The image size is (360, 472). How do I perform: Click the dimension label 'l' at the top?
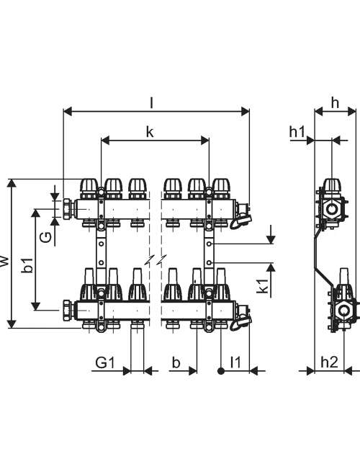152,103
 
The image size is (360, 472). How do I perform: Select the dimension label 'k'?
150,132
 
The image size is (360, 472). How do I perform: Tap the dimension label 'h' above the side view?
335,103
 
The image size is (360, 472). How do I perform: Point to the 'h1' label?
297,132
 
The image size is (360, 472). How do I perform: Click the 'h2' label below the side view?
329,362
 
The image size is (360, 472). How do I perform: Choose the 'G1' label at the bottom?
105,362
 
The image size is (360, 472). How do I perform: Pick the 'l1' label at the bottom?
235,362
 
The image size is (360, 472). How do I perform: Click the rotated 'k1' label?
263,285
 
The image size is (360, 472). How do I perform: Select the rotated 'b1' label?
27,264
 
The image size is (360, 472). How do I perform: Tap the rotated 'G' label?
45,238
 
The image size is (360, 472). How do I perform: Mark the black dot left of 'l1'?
221,371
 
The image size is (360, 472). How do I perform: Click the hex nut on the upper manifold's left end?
68,208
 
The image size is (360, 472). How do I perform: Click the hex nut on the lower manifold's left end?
68,311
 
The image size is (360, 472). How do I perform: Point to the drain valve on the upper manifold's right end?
241,215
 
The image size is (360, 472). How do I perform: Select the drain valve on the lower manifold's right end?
241,317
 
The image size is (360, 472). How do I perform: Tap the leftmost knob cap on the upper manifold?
89,186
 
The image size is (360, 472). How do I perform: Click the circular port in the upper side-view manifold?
332,208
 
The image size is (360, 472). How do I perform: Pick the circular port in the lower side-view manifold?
343,311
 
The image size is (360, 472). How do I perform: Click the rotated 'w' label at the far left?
4,262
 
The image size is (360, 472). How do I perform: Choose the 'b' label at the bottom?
176,362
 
